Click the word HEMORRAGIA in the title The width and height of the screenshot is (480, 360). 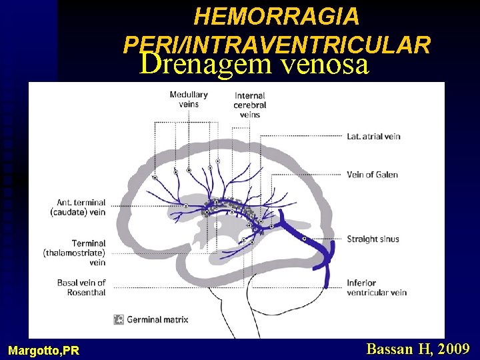276,16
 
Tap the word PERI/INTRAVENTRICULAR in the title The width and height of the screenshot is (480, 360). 277,44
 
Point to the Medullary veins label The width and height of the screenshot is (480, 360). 188,99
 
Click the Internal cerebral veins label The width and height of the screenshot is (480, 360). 249,105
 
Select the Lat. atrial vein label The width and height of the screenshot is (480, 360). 373,136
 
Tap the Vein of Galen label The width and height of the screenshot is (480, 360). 372,175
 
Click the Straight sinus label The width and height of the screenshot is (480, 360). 372,239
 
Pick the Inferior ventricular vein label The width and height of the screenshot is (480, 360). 376,287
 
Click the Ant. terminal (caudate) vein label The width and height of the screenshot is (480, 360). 78,207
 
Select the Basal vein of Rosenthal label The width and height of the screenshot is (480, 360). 81,287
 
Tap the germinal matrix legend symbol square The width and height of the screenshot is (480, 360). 119,319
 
